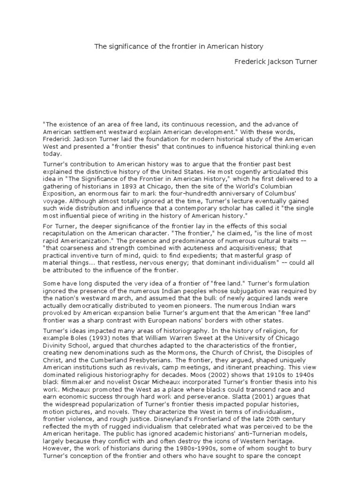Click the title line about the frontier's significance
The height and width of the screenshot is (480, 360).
(180, 46)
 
